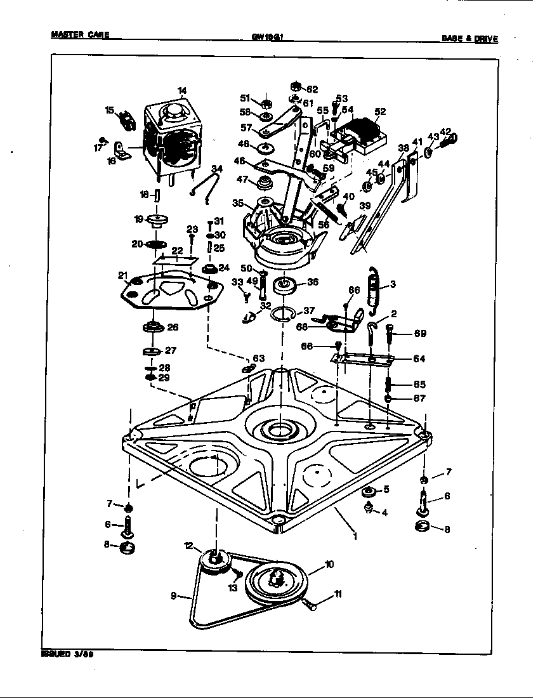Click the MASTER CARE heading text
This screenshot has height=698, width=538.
(x=79, y=36)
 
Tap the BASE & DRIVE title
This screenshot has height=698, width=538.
(x=469, y=39)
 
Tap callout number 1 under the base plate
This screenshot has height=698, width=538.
(x=355, y=536)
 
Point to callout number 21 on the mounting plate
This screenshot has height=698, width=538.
(x=122, y=275)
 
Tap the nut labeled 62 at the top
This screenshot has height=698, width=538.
(x=296, y=86)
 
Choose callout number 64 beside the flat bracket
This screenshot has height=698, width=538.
(x=419, y=359)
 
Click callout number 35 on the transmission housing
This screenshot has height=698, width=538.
(x=238, y=204)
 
